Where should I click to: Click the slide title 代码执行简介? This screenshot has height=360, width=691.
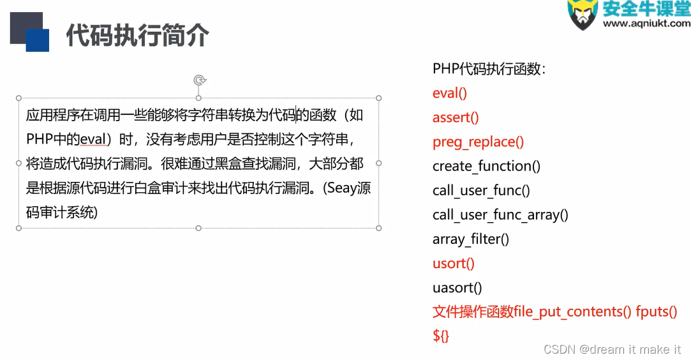pos(137,36)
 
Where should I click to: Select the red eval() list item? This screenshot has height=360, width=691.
pos(450,93)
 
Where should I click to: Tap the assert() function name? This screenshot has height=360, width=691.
pos(456,117)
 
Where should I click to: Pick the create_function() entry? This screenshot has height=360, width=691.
pos(486,166)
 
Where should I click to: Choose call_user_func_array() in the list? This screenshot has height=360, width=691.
pos(500,214)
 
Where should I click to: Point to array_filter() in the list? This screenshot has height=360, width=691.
pos(471,239)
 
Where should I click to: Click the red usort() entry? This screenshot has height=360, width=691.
pos(454,263)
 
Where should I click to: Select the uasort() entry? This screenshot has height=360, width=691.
pos(457,287)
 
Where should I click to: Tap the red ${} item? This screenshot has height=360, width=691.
pos(441,336)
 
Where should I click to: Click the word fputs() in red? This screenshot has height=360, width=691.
pos(656,311)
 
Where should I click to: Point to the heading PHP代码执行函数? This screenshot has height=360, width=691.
pos(489,69)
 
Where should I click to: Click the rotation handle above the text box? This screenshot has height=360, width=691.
pos(200,80)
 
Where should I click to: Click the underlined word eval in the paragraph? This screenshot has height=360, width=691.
pos(93,139)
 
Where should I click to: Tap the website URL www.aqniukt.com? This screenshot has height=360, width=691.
pos(646,24)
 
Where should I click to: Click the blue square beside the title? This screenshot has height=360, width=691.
pos(38,40)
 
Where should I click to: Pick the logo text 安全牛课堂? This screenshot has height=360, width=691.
pos(646,8)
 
